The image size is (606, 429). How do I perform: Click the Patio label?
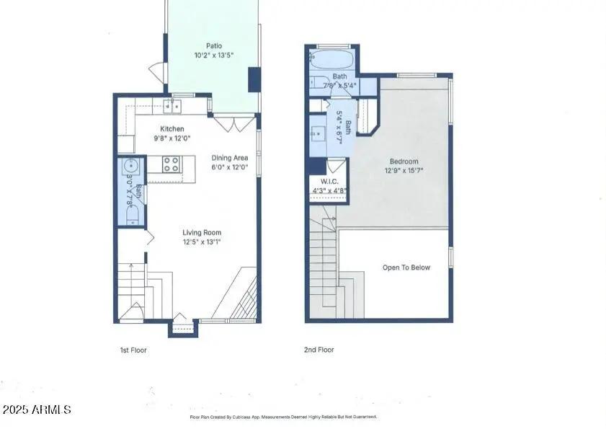[213, 45]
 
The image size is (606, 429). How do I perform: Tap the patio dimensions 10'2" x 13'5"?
[213, 55]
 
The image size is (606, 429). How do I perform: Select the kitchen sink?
[171, 107]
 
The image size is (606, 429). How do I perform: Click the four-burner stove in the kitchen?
[171, 164]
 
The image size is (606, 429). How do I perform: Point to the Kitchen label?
[171, 129]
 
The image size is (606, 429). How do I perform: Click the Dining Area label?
[230, 158]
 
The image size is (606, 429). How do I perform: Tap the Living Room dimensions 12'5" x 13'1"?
[201, 242]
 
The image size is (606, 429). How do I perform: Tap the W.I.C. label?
[329, 182]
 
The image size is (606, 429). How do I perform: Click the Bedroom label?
[404, 162]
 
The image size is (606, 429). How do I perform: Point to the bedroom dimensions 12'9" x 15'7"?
[404, 172]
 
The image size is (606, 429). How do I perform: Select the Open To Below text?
[406, 267]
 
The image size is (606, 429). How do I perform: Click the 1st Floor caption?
[133, 350]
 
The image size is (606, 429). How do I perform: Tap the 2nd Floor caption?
[318, 350]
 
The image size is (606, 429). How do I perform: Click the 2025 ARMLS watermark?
[36, 410]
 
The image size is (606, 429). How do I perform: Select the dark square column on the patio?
[254, 79]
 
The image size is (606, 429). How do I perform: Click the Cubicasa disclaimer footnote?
[282, 417]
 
